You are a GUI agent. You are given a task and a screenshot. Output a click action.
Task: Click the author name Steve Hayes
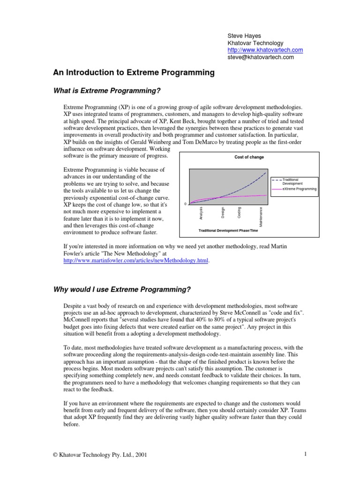pos(244,35)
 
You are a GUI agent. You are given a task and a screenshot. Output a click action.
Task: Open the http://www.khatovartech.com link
pos(265,50)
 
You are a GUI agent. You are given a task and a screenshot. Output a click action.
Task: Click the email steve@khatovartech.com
pos(261,57)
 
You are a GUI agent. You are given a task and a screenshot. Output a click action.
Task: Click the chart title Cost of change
pos(249,157)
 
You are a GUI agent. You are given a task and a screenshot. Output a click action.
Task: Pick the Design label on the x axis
pos(223,212)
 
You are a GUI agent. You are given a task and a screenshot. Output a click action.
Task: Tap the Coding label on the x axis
pos(239,212)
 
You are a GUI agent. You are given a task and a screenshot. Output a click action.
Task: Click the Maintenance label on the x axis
pos(261,217)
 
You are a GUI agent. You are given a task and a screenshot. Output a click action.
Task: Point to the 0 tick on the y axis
pos(185,204)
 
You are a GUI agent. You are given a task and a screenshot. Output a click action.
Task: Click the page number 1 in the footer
pos(305,454)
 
